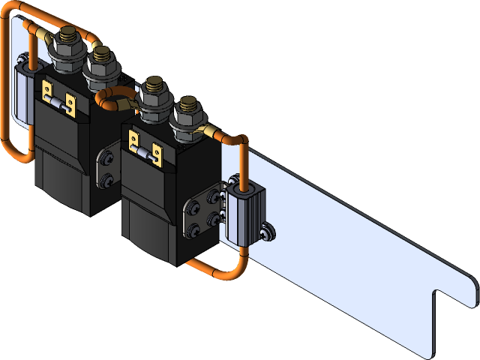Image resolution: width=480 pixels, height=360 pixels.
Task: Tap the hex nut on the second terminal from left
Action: pyautogui.click(x=99, y=68)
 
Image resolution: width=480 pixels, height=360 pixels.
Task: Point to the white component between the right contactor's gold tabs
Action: pyautogui.click(x=145, y=151)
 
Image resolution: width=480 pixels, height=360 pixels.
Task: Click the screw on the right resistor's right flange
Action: pyautogui.click(x=268, y=235)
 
